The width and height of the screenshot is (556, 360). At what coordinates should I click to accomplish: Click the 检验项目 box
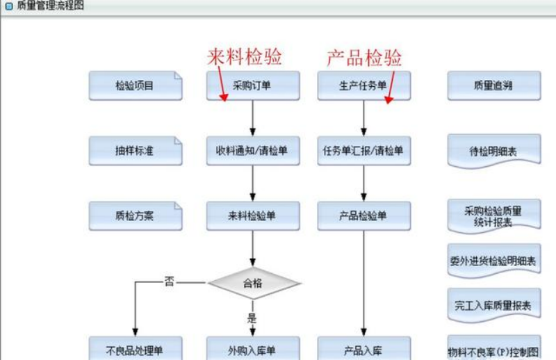[x=135, y=86]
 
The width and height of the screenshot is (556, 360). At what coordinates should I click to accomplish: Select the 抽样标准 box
[x=135, y=151]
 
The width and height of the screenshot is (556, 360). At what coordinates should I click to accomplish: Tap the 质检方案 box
[x=135, y=216]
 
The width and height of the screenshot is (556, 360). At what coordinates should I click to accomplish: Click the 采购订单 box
[x=252, y=86]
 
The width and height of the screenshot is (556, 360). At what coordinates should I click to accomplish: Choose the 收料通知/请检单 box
[x=252, y=151]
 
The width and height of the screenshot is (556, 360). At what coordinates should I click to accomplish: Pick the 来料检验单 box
[x=252, y=216]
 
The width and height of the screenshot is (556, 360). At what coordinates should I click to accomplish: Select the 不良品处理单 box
[x=135, y=350]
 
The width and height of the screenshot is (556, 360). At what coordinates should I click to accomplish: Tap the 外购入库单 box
[x=252, y=350]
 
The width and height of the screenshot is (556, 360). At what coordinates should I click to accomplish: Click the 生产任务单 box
[x=363, y=86]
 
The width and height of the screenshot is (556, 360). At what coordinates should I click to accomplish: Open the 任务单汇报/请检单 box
[x=363, y=151]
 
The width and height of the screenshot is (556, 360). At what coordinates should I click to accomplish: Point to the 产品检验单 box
[x=363, y=216]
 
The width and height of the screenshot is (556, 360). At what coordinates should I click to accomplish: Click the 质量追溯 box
[x=493, y=86]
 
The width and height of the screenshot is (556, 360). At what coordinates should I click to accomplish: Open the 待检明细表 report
[x=493, y=151]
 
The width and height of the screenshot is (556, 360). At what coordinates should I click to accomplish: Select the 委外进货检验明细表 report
[x=493, y=262]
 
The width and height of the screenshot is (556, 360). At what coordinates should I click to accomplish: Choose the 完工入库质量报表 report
[x=493, y=305]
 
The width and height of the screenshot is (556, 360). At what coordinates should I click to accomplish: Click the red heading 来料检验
[x=245, y=57]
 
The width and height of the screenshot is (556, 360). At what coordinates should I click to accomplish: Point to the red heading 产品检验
[x=364, y=57]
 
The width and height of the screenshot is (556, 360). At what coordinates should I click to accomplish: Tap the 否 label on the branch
[x=169, y=282]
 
